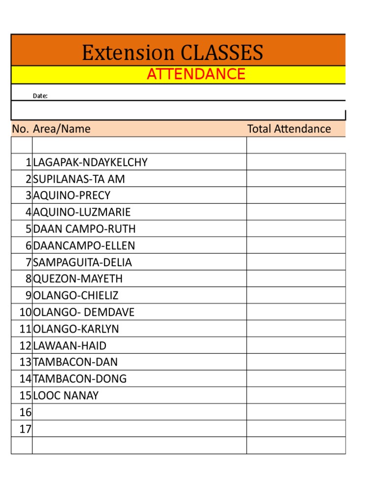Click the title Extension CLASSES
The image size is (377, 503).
pos(172,53)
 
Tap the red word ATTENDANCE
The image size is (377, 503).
pos(196,74)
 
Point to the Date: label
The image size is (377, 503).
pos(40,96)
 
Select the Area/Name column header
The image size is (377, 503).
pos(62,129)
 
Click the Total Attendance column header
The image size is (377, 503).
pos(289,129)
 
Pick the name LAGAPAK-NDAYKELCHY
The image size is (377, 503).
pos(90,163)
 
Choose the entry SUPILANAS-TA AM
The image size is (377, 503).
pos(79,179)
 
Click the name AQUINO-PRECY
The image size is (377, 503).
pos(72,196)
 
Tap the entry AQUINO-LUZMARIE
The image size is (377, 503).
pos(82,212)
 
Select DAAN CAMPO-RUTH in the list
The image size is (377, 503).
pos(84,229)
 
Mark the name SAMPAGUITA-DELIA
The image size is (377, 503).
pos(82,262)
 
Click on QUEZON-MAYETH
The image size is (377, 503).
pos(78,279)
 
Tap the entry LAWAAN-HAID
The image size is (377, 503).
pos(70,346)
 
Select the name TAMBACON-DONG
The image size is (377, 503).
pos(80,379)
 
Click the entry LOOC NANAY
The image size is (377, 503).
pos(66,395)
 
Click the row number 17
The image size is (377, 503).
pos(26,429)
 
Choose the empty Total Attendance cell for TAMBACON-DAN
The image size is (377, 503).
pos(296,362)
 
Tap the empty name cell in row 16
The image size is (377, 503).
pos(139,412)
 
